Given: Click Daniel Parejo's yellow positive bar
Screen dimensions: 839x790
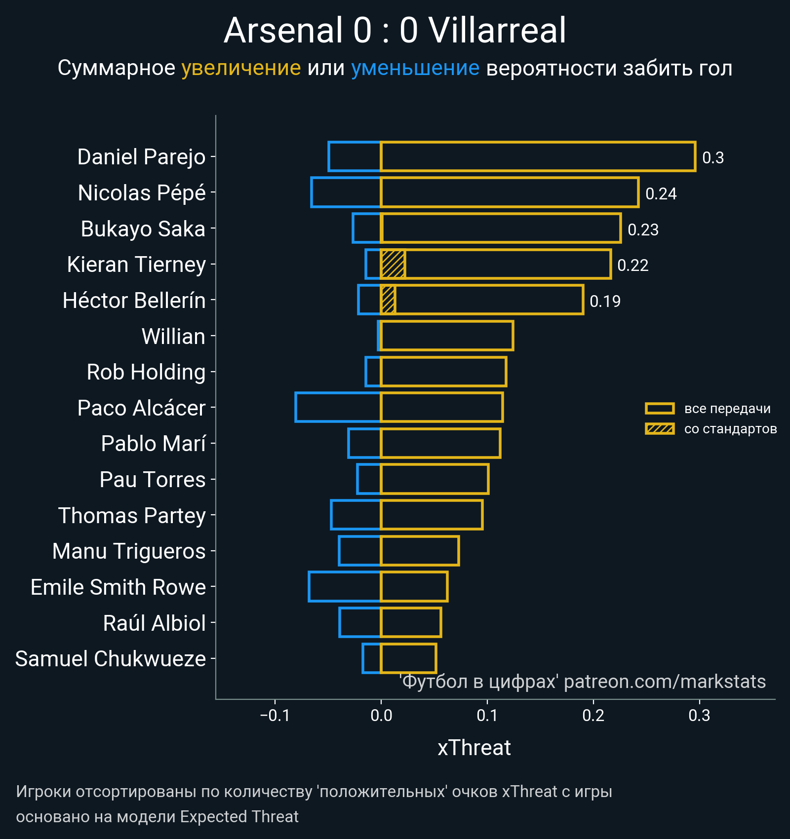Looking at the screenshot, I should click(538, 156).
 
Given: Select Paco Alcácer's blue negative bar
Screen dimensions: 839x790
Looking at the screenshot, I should click(338, 407).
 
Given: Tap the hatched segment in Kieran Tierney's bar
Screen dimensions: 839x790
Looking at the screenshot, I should click(393, 264).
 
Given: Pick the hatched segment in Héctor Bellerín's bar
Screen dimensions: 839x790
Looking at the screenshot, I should click(388, 300).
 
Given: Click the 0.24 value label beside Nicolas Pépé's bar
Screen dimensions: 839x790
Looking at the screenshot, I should click(661, 193).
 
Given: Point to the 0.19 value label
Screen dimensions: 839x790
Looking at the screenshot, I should click(605, 301).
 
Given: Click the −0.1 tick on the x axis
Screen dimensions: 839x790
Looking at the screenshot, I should click(275, 715).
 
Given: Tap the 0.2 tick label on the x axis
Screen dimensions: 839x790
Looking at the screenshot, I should click(593, 715).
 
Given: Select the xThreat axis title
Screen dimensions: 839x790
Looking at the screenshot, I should click(474, 748).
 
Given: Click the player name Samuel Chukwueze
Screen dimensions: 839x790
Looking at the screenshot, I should click(111, 659).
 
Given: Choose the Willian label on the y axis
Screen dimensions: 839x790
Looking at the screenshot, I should click(173, 337).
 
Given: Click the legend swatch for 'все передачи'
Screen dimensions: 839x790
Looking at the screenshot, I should click(660, 409).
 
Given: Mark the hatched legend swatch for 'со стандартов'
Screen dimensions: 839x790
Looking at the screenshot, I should click(660, 429).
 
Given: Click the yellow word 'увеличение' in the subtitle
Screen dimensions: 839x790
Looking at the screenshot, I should click(241, 68).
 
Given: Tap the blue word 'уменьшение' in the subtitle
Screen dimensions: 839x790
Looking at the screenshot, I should click(415, 68).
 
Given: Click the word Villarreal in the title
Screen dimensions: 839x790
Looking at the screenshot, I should click(497, 31).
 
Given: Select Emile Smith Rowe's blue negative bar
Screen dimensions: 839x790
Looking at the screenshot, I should click(345, 586).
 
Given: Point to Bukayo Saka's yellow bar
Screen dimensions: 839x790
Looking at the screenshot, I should click(501, 228).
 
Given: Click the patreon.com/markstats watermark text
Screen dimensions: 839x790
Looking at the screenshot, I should click(665, 682).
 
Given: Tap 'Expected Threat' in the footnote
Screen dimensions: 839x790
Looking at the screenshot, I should click(239, 817).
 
